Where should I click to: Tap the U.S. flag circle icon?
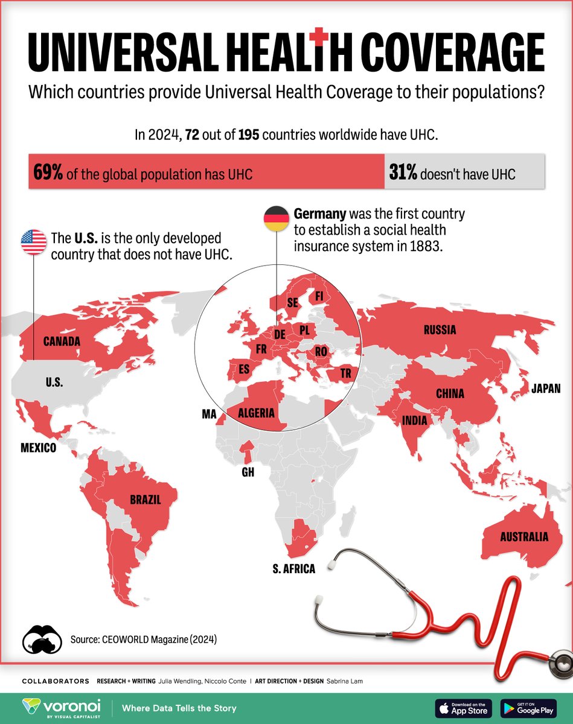34,242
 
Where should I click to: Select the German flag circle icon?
277,218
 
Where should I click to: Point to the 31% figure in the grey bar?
403,174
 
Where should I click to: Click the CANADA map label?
62,341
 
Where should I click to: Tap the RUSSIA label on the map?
440,330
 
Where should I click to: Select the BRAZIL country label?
145,500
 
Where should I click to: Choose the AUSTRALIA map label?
523,536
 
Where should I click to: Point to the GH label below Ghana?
248,472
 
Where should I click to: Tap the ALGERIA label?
257,413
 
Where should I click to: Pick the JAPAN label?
546,389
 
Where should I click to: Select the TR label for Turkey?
345,373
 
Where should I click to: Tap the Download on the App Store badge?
463,708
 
